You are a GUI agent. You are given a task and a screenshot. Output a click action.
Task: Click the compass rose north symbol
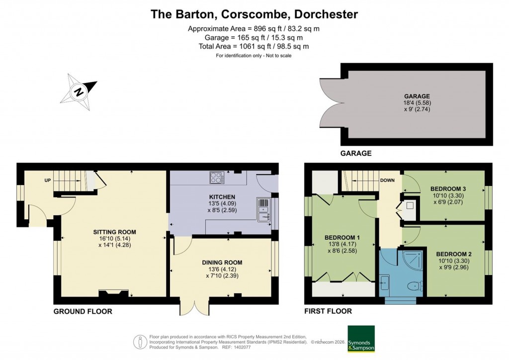(x=79, y=92)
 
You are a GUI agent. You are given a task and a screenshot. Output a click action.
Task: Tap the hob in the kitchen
(x=217, y=177)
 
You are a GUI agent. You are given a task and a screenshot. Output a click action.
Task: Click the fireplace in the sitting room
(x=110, y=294)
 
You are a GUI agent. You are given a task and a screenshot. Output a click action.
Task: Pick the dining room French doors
(x=191, y=307)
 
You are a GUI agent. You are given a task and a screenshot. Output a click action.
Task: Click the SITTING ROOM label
(x=114, y=232)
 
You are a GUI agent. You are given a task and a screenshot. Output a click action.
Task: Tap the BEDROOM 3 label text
(x=448, y=189)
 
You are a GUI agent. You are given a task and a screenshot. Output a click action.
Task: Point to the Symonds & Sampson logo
(x=361, y=339)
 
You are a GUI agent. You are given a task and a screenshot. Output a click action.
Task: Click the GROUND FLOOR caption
(x=83, y=311)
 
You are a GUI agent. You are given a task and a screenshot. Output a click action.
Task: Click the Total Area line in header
(x=254, y=46)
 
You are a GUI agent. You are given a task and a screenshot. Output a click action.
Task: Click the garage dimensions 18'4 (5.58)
(x=417, y=103)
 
